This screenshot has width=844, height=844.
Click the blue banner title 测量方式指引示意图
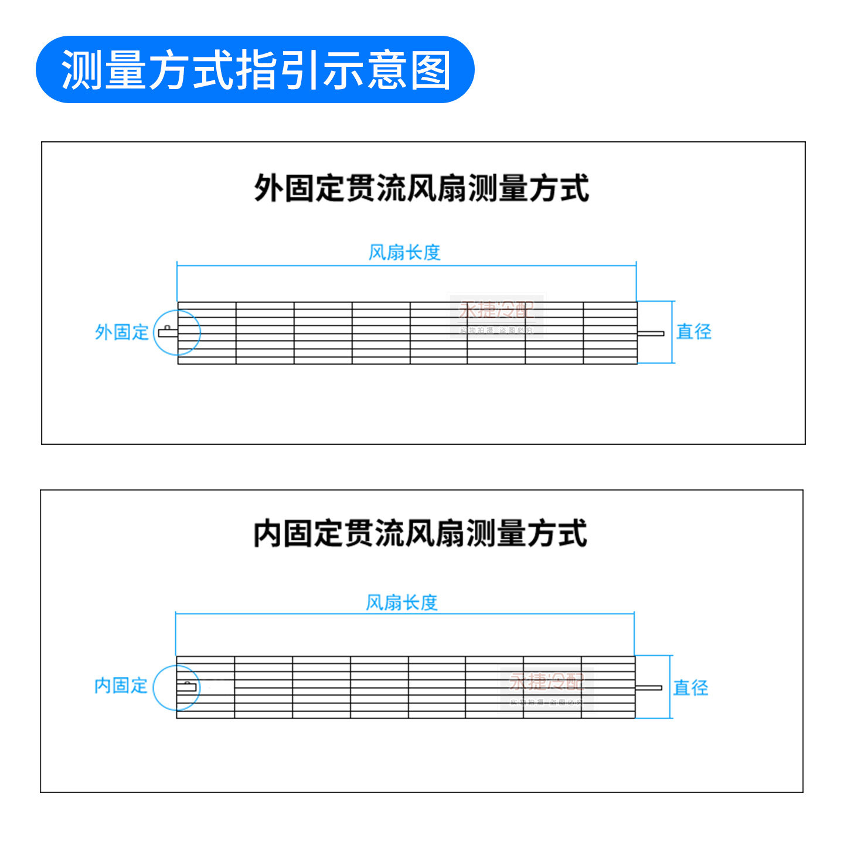(256, 70)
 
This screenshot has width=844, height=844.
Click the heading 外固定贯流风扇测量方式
(421, 188)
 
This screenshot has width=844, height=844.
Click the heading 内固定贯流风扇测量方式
(420, 533)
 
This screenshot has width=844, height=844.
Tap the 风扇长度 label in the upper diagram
(404, 253)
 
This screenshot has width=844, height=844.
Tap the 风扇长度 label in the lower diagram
(402, 602)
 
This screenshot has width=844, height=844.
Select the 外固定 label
(122, 332)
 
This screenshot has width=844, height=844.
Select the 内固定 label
(121, 685)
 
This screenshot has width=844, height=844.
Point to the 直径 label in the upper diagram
(694, 332)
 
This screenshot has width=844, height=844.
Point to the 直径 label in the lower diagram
(690, 687)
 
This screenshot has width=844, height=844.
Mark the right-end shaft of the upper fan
(651, 333)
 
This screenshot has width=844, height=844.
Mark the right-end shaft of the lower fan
(648, 688)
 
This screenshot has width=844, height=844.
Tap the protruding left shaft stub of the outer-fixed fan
(168, 332)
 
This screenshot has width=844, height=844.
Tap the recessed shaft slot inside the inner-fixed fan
(186, 686)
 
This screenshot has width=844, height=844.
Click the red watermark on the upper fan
(496, 311)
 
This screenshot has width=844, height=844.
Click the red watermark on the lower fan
(546, 682)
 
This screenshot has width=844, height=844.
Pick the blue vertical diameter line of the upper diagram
(674, 332)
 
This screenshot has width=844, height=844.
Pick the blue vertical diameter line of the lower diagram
(671, 687)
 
